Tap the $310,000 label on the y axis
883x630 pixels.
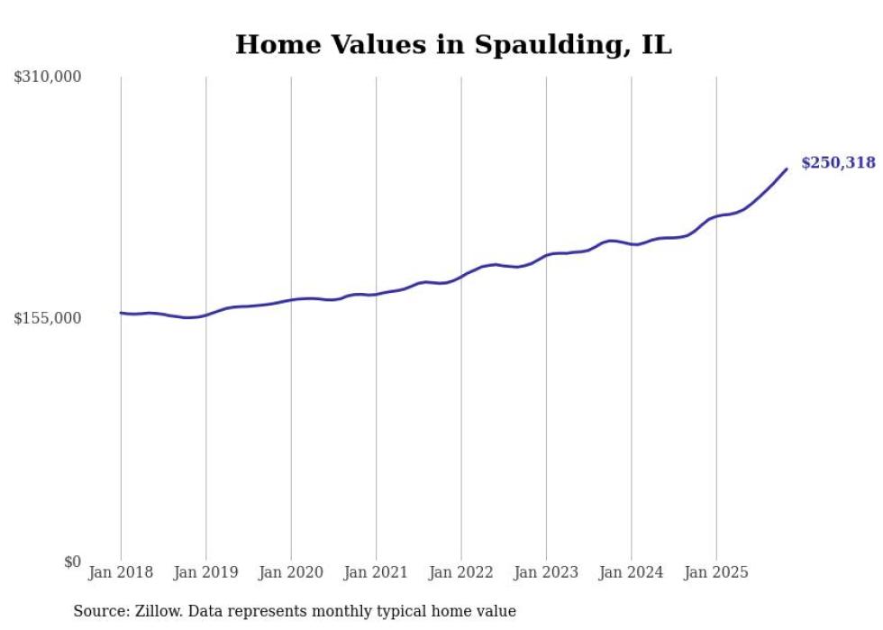pos(48,78)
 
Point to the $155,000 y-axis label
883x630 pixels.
pos(48,319)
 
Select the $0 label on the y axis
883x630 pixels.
pos(72,562)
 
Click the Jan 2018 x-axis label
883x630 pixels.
pos(121,572)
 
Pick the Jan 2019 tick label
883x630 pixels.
pos(205,572)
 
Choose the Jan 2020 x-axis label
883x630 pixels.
pos(291,572)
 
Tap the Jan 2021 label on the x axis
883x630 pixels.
pos(376,572)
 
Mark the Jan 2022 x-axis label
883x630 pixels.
pos(461,572)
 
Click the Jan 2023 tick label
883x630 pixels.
pos(546,572)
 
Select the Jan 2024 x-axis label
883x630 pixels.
pos(632,572)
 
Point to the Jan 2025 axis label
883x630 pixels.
pos(716,572)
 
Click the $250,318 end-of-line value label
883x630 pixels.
pos(838,163)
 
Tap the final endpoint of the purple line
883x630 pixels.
pos(787,169)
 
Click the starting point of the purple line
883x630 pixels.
pos(121,313)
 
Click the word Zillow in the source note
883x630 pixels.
pos(153,612)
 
